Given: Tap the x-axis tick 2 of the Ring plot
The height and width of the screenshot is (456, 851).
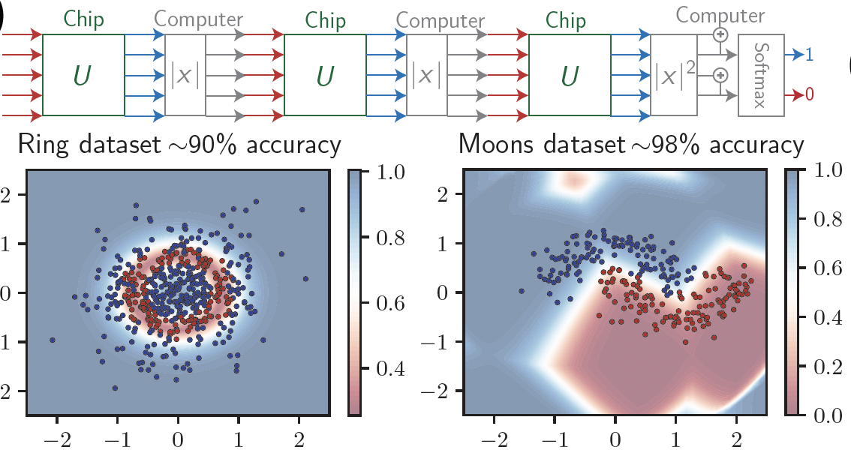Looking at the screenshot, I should [299, 437].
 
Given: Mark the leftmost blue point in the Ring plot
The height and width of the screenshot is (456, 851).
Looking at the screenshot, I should [52, 340].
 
